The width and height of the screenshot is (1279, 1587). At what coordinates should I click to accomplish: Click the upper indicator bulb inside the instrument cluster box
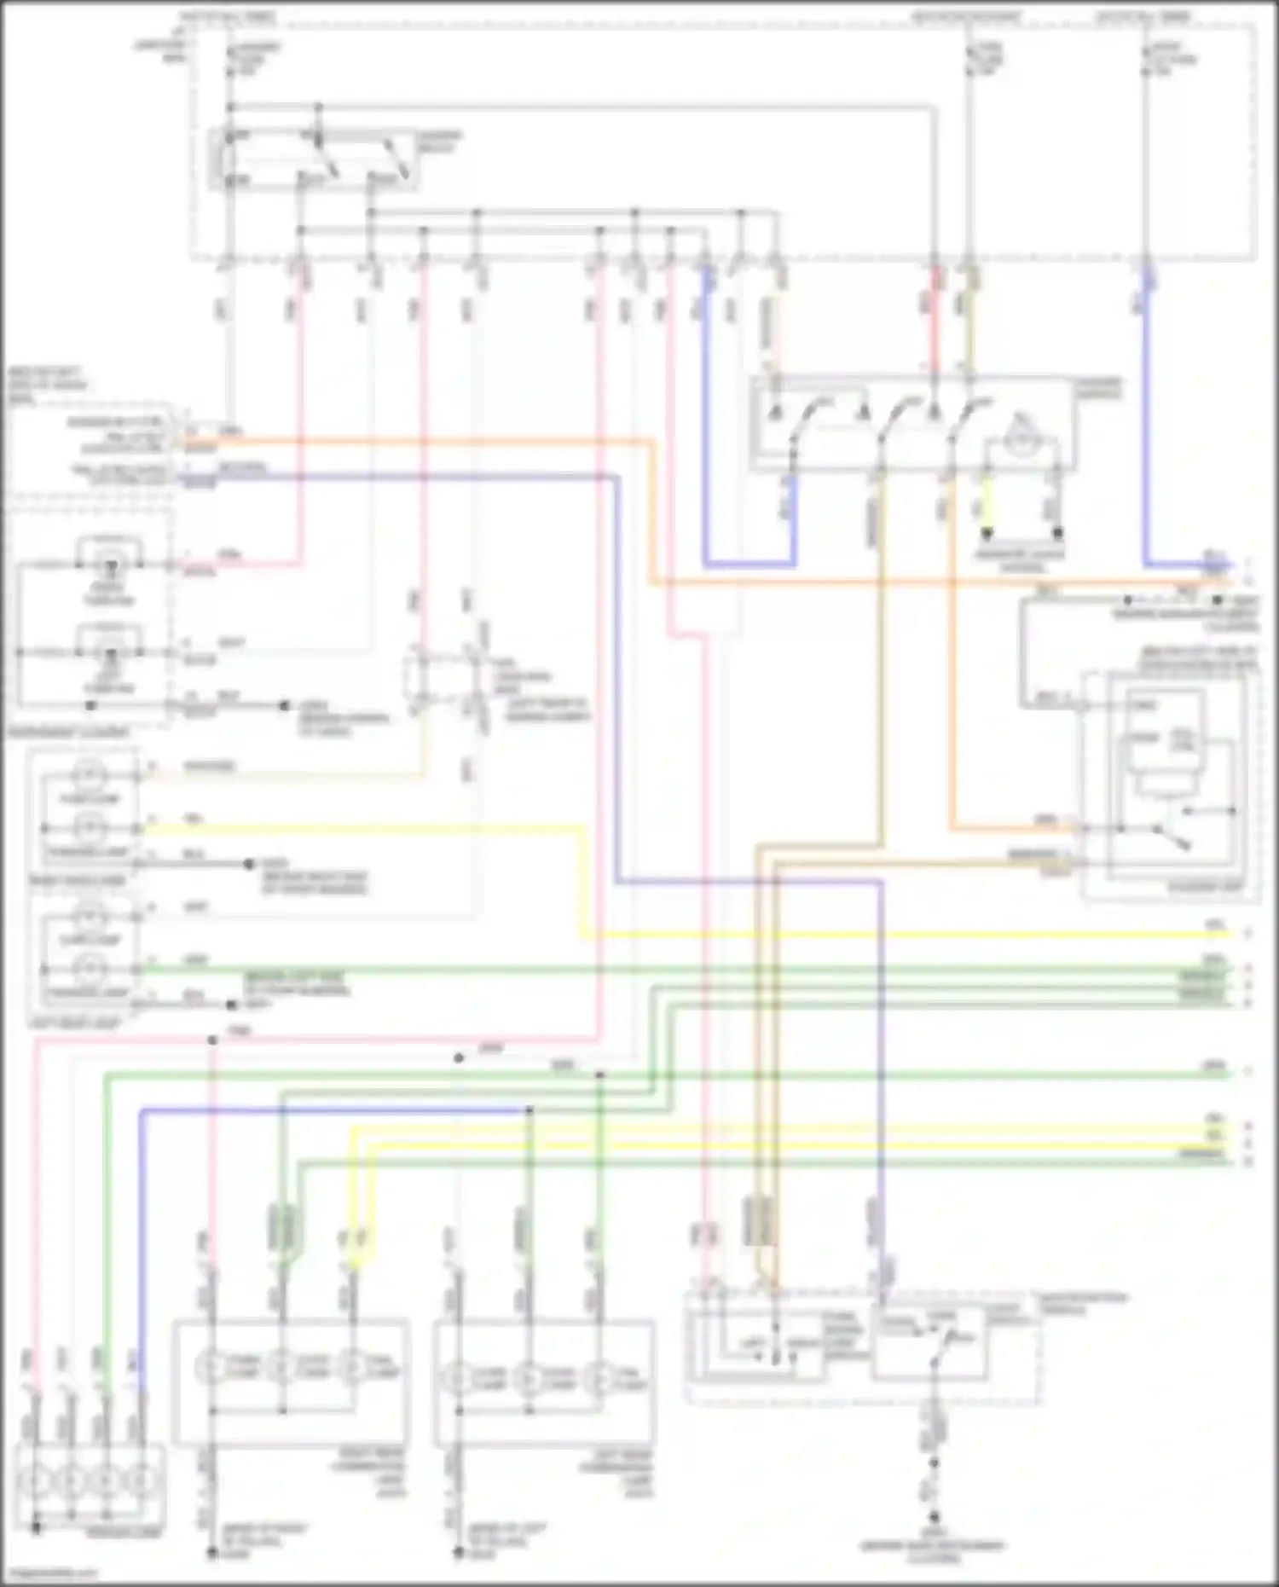point(110,564)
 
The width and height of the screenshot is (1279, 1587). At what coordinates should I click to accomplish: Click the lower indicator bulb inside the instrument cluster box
point(110,653)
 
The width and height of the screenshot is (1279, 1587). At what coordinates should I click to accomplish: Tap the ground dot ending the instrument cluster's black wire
point(285,706)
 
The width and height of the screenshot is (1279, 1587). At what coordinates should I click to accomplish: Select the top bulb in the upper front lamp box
point(89,774)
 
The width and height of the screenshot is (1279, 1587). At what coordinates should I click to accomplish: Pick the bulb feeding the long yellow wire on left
point(89,827)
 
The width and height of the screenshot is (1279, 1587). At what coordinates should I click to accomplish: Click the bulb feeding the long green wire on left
point(89,969)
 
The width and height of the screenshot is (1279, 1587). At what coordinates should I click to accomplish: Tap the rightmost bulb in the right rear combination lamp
point(352,1368)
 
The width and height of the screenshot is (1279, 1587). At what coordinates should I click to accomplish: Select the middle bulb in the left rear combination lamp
point(529,1377)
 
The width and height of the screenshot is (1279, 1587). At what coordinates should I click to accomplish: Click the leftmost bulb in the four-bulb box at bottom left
point(36,1480)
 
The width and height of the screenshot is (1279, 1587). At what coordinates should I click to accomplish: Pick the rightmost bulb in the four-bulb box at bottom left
point(139,1480)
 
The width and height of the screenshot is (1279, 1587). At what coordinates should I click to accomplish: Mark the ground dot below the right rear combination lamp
point(211,1554)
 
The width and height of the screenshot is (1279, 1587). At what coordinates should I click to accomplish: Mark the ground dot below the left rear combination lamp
point(459,1554)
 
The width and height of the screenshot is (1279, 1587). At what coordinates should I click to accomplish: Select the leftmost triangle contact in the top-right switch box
point(775,413)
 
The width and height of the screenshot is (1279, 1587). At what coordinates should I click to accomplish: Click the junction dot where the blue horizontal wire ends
point(529,1110)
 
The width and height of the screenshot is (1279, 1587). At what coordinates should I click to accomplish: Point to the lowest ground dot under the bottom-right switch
point(934,1517)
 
